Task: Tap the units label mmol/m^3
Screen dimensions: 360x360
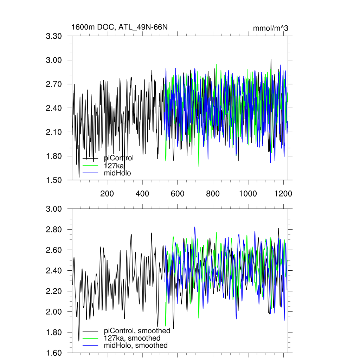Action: (270, 28)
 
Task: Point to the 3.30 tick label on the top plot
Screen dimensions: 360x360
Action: (54, 36)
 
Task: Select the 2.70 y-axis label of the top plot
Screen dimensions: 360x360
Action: (54, 84)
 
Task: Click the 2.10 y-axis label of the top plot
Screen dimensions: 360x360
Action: (54, 132)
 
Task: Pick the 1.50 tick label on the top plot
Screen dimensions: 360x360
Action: (54, 180)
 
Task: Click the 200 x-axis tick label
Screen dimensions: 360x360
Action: (107, 194)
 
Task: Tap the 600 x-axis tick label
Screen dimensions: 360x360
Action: (178, 194)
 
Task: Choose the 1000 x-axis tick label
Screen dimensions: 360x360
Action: (248, 194)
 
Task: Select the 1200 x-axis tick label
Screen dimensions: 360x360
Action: (283, 194)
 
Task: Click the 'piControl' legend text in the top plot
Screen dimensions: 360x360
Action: (119, 158)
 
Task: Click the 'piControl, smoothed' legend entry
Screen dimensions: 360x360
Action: (137, 331)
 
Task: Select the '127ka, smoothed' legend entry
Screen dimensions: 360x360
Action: (132, 338)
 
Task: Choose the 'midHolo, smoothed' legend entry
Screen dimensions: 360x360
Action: (136, 346)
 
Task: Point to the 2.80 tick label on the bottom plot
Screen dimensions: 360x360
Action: (54, 230)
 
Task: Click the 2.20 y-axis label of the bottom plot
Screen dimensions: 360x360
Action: (54, 291)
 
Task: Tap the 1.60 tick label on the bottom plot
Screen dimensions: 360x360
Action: (54, 353)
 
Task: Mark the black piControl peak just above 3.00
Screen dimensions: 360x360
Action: (271, 59)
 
